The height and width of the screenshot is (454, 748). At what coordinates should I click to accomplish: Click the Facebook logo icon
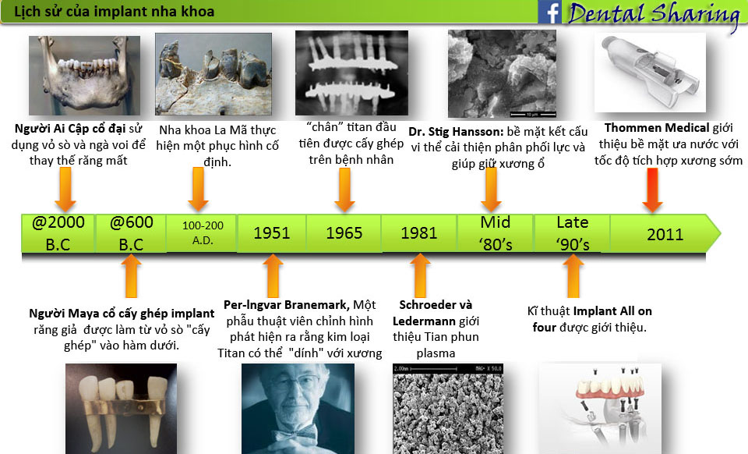(x=549, y=12)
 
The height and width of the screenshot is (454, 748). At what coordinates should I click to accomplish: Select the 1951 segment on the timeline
(x=272, y=233)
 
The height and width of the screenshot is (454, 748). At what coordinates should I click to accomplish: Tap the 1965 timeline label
(x=344, y=233)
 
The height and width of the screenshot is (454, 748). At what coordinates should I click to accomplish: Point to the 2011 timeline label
(x=665, y=234)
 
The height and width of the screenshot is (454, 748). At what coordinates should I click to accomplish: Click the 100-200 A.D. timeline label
(x=203, y=233)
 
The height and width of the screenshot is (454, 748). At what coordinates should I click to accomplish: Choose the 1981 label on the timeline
(x=419, y=233)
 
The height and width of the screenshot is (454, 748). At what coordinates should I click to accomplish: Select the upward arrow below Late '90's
(x=573, y=276)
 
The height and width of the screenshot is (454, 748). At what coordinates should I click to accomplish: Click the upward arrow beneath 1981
(x=420, y=276)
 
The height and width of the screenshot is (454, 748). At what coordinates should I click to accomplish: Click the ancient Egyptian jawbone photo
(x=84, y=76)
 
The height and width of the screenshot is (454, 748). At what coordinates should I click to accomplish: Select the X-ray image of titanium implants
(x=351, y=73)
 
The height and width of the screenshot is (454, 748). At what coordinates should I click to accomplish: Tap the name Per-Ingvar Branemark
(x=286, y=304)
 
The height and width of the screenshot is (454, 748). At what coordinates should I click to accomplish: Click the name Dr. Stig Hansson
(x=456, y=132)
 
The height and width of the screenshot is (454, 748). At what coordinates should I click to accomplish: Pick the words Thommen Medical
(x=656, y=128)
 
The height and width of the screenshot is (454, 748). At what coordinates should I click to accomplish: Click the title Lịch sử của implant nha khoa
(x=114, y=12)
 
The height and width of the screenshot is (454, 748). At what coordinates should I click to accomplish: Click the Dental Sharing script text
(x=654, y=14)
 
